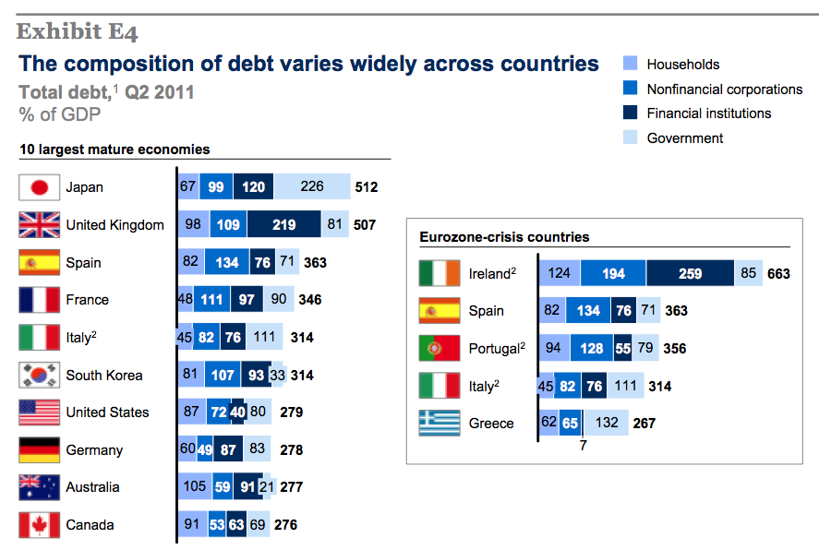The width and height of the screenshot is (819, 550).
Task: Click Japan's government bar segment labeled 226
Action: click(x=312, y=187)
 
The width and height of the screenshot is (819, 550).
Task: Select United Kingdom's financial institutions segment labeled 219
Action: click(x=284, y=225)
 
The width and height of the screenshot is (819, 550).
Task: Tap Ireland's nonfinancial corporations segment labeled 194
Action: click(x=612, y=273)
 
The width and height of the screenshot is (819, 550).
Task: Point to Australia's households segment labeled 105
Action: click(x=194, y=487)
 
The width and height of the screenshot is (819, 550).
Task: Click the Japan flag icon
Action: click(x=40, y=187)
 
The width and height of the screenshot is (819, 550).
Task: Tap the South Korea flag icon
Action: click(x=40, y=376)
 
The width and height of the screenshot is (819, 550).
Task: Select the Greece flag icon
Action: click(x=440, y=424)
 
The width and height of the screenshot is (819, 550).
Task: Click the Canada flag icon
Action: click(x=40, y=525)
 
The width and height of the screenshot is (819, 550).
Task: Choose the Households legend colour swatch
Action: click(x=631, y=65)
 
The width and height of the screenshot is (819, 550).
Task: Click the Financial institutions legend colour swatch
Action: click(x=631, y=114)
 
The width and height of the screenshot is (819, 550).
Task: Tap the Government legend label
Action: click(x=684, y=138)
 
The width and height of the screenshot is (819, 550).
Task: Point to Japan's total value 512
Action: click(x=367, y=187)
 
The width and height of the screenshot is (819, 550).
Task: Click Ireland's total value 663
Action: click(x=779, y=273)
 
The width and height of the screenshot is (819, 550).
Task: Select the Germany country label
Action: click(x=94, y=450)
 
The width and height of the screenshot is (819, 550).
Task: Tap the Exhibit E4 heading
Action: click(x=78, y=32)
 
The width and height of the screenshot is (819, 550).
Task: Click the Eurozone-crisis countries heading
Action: click(x=504, y=237)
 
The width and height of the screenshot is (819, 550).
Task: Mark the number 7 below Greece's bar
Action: click(x=583, y=445)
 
